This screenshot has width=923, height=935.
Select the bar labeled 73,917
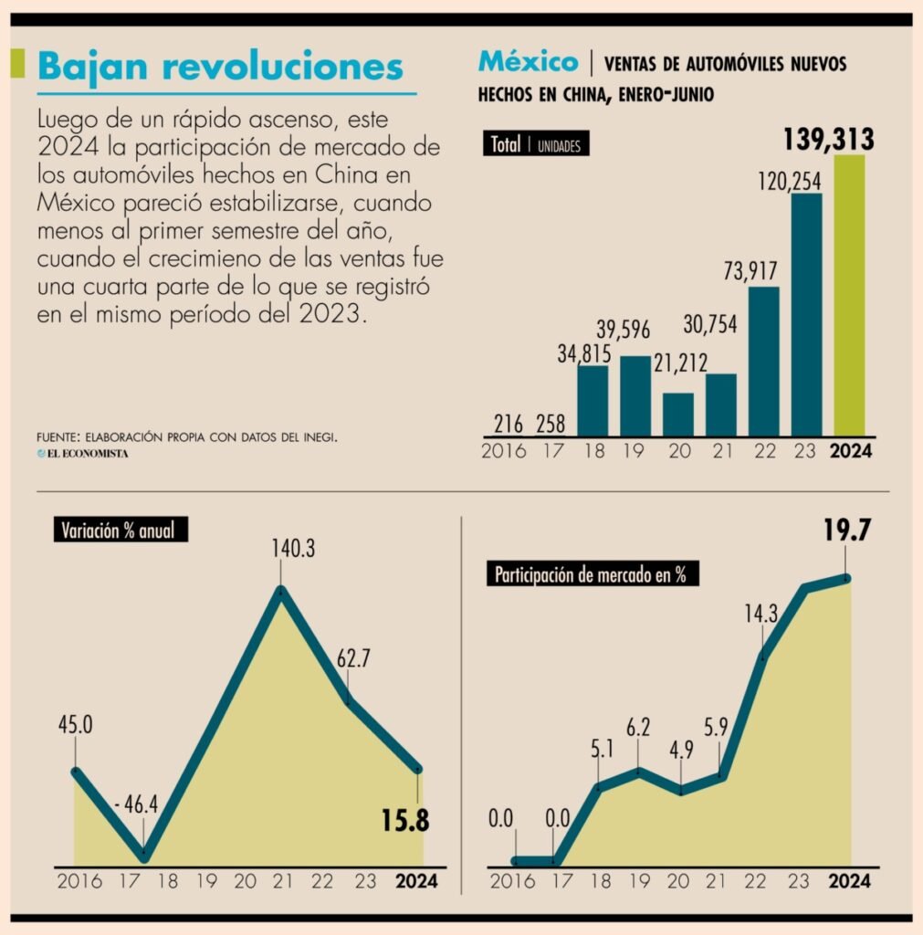click(763, 361)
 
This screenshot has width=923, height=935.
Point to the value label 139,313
click(829, 140)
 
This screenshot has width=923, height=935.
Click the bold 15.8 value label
click(405, 820)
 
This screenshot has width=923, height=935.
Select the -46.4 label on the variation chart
click(138, 804)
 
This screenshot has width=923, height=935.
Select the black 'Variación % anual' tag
click(119, 530)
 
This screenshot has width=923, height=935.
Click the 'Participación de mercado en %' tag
click(593, 574)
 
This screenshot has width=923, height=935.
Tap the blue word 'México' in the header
click(528, 62)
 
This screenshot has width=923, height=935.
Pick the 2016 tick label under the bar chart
click(503, 451)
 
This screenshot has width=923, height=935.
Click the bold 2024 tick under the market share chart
click(849, 881)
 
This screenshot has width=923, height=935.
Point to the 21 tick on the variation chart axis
click(283, 881)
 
